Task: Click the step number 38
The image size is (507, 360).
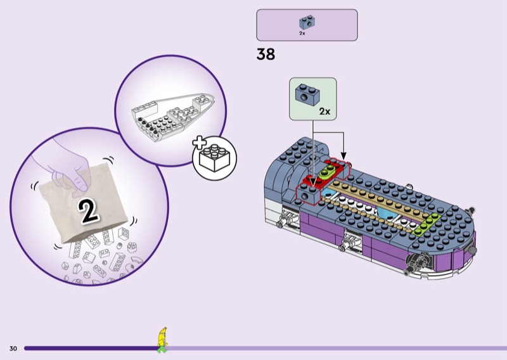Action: click(266, 55)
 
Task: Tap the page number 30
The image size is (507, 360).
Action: click(13, 349)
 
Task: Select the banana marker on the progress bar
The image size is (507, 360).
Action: click(162, 338)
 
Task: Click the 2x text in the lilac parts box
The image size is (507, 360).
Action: click(302, 33)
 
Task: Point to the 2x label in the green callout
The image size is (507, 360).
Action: click(324, 111)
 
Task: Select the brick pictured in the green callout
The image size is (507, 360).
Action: click(307, 94)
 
